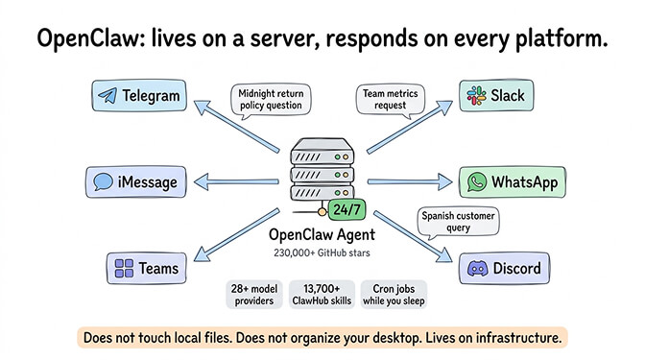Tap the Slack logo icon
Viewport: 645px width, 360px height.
(x=475, y=95)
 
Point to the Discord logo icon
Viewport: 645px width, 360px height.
(x=474, y=268)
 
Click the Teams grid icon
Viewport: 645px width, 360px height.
(x=123, y=268)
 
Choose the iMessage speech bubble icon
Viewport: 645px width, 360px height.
(x=103, y=180)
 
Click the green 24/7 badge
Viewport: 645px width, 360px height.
(x=346, y=208)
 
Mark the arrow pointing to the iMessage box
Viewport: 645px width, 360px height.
(x=236, y=181)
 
